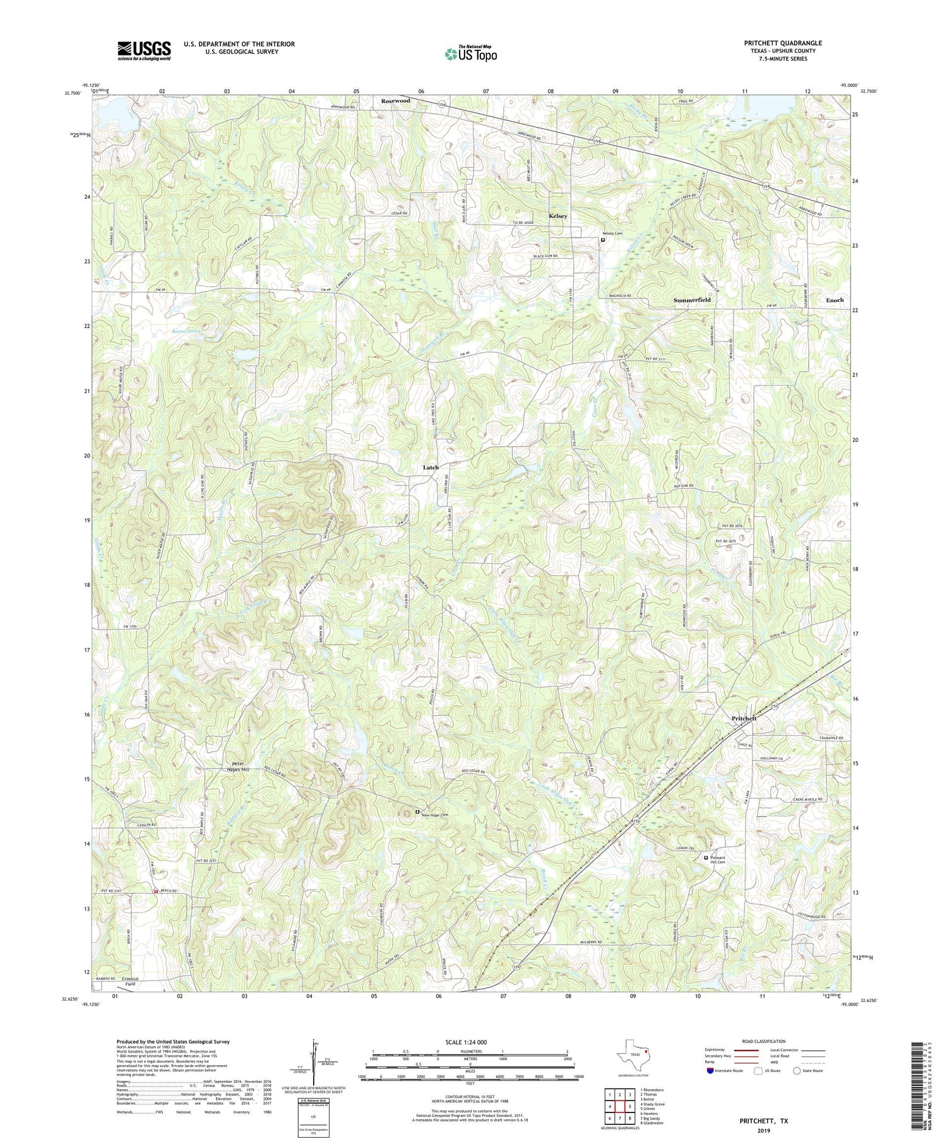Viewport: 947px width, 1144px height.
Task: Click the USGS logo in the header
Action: [144, 50]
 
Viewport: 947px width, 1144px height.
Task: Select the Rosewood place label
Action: [395, 101]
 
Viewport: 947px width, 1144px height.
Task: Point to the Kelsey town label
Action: [557, 216]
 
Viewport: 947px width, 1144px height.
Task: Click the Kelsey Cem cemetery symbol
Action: [603, 240]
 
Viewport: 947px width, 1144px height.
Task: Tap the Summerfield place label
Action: [691, 300]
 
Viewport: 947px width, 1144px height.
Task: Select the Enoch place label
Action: [835, 300]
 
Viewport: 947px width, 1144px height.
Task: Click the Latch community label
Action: [431, 468]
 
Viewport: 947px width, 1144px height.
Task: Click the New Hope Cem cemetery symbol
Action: [417, 811]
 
